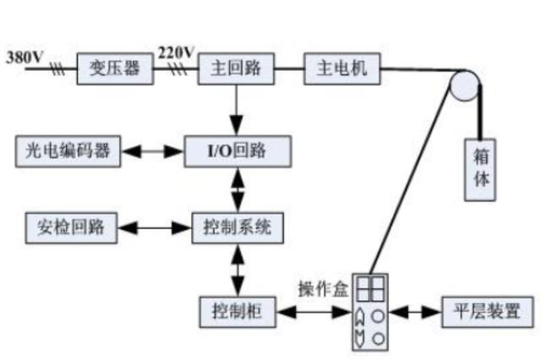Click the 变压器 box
point(117,68)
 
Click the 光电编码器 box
point(65,153)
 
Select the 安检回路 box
point(71,227)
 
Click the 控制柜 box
point(237,312)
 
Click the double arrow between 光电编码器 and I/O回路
point(152,153)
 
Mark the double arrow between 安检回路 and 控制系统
point(156,227)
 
